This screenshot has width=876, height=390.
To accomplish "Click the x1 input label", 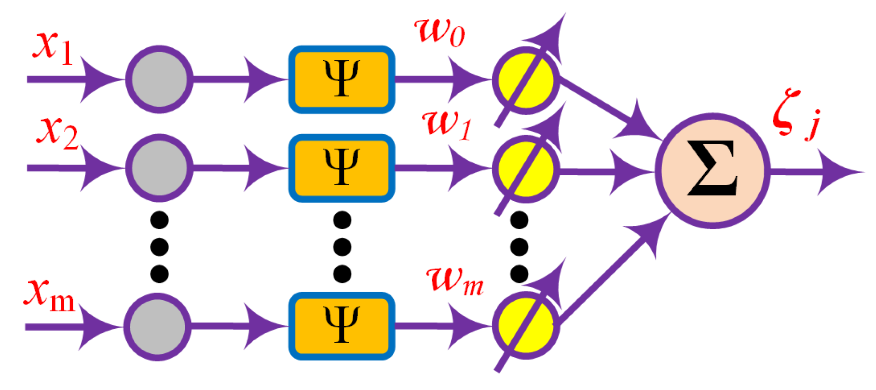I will (x=52, y=48).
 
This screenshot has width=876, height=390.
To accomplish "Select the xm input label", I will (x=49, y=296).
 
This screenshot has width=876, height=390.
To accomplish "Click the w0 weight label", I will (x=440, y=33).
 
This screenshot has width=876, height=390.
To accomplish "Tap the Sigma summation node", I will (x=712, y=170).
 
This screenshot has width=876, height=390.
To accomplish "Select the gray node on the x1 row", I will (x=159, y=79).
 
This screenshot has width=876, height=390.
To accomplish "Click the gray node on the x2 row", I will (x=159, y=167).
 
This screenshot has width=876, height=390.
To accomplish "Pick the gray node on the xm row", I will (x=157, y=326).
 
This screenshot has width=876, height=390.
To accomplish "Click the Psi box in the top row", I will (x=342, y=79).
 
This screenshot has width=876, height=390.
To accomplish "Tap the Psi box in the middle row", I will (x=342, y=167).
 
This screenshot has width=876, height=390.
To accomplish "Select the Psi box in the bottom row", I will (x=342, y=326).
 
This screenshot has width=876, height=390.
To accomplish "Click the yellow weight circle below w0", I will (x=526, y=80).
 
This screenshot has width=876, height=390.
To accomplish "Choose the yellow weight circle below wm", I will (x=526, y=326).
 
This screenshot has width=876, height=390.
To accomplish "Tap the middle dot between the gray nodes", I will (x=159, y=247).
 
